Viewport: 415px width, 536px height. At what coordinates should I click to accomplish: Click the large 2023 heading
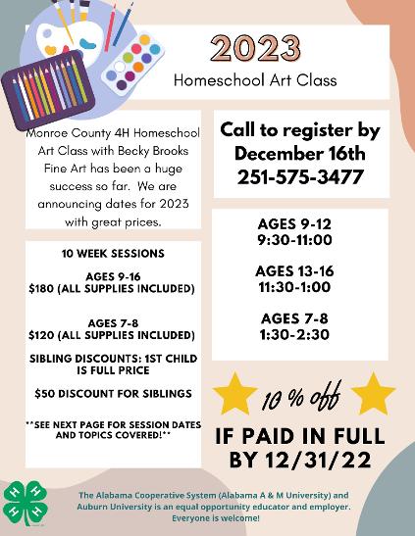pyautogui.click(x=255, y=49)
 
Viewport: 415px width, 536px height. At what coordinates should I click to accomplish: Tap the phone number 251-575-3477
pyautogui.click(x=300, y=177)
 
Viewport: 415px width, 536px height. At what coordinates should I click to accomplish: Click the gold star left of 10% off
pyautogui.click(x=234, y=394)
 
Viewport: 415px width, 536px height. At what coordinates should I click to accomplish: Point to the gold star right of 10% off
pyautogui.click(x=373, y=394)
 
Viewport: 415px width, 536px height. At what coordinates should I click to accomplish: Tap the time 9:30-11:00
pyautogui.click(x=294, y=240)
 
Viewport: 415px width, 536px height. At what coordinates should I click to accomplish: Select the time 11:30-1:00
pyautogui.click(x=294, y=287)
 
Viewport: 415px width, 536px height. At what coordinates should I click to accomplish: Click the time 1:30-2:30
pyautogui.click(x=294, y=334)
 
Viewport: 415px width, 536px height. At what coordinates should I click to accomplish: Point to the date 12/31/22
pyautogui.click(x=318, y=460)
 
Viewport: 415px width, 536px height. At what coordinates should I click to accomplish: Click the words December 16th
pyautogui.click(x=300, y=154)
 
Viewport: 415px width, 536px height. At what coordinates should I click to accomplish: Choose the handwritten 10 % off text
pyautogui.click(x=301, y=396)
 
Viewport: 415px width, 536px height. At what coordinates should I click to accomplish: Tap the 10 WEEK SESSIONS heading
pyautogui.click(x=113, y=253)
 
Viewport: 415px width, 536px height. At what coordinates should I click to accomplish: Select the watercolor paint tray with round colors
pyautogui.click(x=134, y=62)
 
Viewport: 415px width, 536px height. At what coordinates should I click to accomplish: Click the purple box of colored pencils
pyautogui.click(x=48, y=89)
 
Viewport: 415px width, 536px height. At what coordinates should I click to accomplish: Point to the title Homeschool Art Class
pyautogui.click(x=255, y=80)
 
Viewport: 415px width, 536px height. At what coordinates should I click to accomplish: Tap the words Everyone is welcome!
pyautogui.click(x=216, y=518)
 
